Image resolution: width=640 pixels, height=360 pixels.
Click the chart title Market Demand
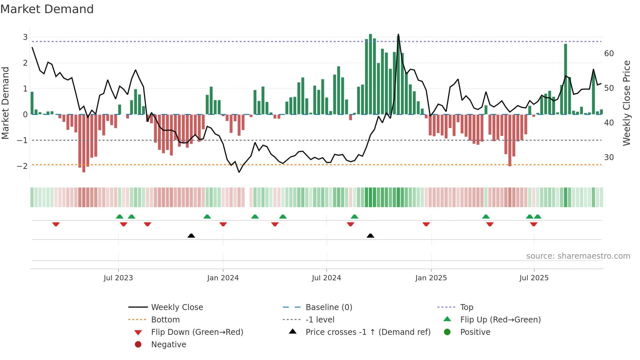47,9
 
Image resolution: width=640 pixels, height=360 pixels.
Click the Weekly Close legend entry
177,307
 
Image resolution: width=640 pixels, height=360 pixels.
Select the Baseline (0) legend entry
328,307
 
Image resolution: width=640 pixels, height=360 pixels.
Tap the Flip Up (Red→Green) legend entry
500,319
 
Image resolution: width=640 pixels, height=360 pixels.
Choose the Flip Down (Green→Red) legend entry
197,332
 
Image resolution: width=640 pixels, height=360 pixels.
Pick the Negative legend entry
168,344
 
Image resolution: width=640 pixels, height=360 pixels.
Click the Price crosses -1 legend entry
368,332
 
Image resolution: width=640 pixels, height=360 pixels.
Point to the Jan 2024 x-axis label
223,278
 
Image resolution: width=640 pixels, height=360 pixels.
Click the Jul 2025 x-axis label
534,278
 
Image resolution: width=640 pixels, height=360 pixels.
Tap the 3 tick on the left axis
25,37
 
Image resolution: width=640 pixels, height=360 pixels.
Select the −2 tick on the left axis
23,166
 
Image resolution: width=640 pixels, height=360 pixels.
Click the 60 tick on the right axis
609,54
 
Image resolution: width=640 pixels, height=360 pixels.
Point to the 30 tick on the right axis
609,157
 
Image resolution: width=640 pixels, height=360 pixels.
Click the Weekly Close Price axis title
626,103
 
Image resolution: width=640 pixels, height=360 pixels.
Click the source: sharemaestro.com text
578,256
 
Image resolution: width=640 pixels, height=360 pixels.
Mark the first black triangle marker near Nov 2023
191,236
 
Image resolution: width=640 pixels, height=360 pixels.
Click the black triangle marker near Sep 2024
370,236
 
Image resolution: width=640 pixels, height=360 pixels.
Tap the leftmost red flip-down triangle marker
56,224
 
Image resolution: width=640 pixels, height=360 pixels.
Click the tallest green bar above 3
370,74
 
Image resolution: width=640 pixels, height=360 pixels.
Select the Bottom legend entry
165,319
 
